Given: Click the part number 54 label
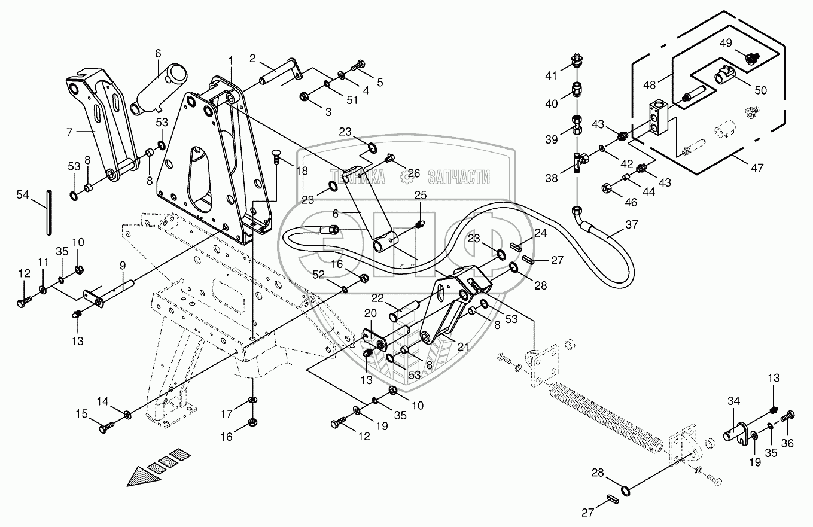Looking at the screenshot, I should tap(22, 195).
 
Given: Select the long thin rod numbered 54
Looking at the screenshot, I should tap(48, 212).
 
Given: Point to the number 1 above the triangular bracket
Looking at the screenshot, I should tap(231, 60).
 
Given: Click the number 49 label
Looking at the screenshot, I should tap(725, 42).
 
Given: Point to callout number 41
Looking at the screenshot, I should tap(550, 75).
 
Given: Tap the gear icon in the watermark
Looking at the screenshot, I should tap(411, 176).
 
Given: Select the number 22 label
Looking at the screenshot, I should tap(377, 298).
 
